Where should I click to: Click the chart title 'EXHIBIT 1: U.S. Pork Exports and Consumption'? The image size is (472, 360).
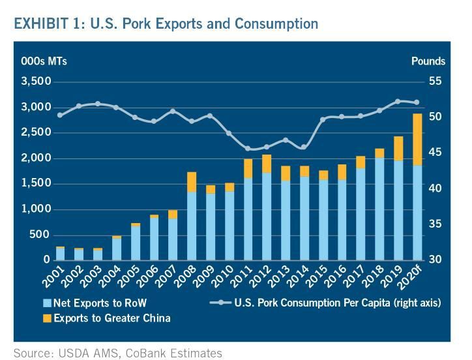[166, 24]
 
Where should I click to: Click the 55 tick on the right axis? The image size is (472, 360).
[435, 82]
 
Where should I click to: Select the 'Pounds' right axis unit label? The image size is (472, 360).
[428, 61]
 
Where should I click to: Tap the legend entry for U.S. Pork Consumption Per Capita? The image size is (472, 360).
[326, 303]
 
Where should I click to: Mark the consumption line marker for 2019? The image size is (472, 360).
[398, 101]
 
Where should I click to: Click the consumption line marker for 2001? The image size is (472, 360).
[60, 115]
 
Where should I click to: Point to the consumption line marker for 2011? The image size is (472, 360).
[247, 149]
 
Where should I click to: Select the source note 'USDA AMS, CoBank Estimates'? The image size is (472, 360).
[117, 353]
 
